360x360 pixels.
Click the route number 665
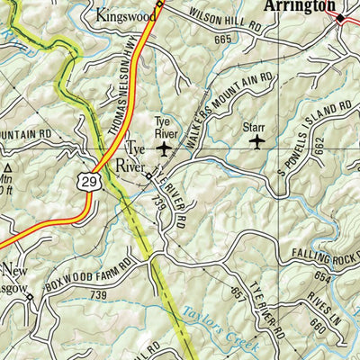[223, 38]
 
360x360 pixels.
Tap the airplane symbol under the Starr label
[256, 141]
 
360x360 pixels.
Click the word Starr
[255, 127]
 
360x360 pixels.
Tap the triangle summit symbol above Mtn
[8, 167]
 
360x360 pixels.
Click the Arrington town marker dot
[341, 18]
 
